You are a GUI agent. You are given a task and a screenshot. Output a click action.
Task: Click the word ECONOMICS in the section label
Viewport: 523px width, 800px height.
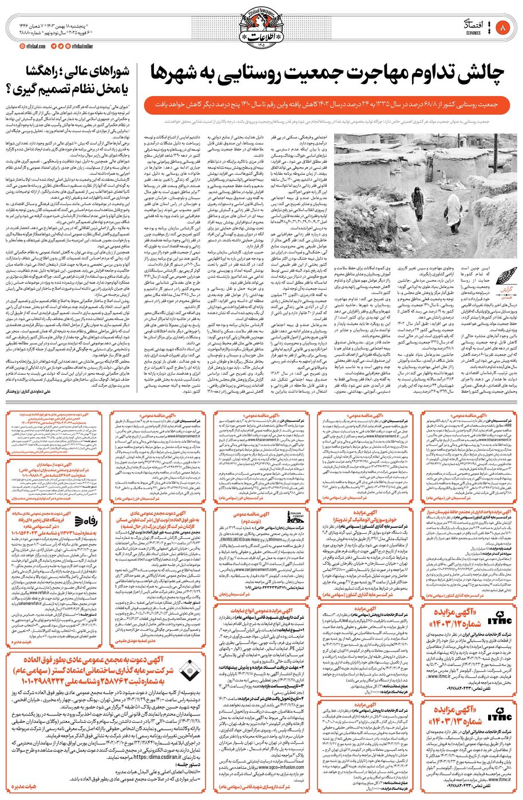480,33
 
